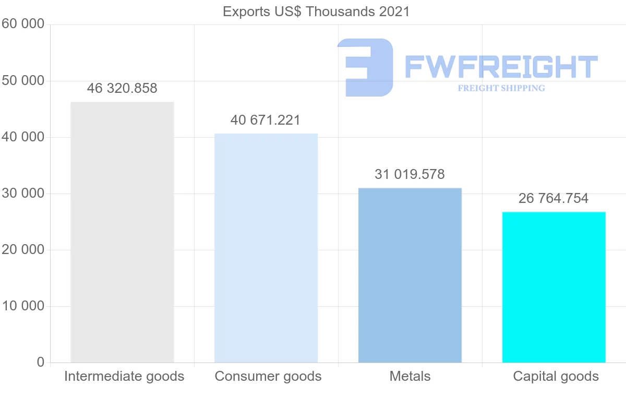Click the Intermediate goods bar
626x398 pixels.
pyautogui.click(x=122, y=232)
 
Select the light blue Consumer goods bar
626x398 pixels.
pyautogui.click(x=266, y=248)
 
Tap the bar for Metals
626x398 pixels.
pyautogui.click(x=410, y=275)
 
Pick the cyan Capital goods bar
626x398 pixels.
pyautogui.click(x=553, y=287)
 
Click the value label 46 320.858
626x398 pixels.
pyautogui.click(x=122, y=89)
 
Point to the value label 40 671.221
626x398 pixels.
pyautogui.click(x=266, y=120)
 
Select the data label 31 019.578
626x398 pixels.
pyautogui.click(x=410, y=175)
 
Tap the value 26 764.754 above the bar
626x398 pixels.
pyautogui.click(x=553, y=199)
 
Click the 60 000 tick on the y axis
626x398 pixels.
pyautogui.click(x=22, y=24)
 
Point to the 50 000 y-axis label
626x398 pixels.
pyautogui.click(x=22, y=81)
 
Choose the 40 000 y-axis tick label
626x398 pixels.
pyautogui.click(x=22, y=137)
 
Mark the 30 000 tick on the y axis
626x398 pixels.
pyautogui.click(x=22, y=194)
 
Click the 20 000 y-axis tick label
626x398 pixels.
pyautogui.click(x=22, y=250)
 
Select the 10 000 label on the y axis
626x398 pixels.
pyautogui.click(x=22, y=306)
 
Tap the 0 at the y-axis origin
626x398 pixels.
pyautogui.click(x=41, y=363)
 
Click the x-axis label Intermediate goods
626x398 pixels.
pyautogui.click(x=124, y=377)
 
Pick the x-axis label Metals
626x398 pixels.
pyautogui.click(x=410, y=377)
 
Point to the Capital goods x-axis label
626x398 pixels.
pyautogui.click(x=556, y=377)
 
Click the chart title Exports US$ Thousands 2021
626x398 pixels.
pyautogui.click(x=316, y=11)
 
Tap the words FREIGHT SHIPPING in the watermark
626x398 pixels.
pyautogui.click(x=501, y=88)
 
